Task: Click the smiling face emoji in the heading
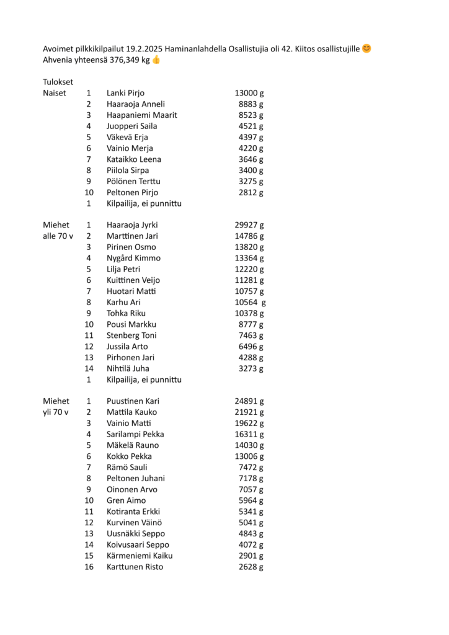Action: (x=367, y=48)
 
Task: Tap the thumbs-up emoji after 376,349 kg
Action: (x=156, y=60)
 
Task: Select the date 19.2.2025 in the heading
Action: (x=144, y=48)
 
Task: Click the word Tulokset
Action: (x=58, y=82)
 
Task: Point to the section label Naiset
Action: (x=55, y=93)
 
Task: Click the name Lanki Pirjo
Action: (x=126, y=93)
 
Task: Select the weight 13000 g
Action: (x=249, y=93)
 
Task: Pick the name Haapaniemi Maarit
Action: (x=142, y=115)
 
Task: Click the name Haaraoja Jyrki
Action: (x=132, y=225)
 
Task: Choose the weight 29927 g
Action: (x=249, y=225)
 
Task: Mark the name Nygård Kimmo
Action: (x=133, y=258)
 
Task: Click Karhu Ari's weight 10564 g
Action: (x=250, y=303)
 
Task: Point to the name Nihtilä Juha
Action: (x=128, y=368)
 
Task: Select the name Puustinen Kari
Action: (x=133, y=401)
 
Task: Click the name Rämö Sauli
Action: (x=127, y=468)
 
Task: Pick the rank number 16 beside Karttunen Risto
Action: (x=89, y=567)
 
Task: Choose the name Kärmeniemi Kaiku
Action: (x=140, y=556)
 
